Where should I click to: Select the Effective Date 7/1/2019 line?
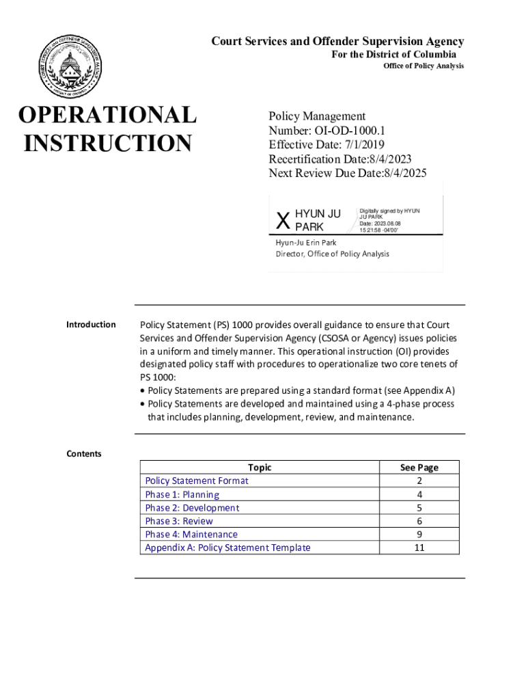coord(327,145)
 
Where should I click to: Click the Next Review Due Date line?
coord(347,174)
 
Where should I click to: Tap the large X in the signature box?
coord(282,220)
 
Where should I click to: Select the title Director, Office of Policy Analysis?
coord(332,254)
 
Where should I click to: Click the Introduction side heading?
coord(91,325)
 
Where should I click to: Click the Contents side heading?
coord(83,454)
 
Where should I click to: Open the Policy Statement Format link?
coord(197,481)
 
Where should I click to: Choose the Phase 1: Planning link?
coord(182,494)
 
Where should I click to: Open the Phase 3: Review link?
coord(178,521)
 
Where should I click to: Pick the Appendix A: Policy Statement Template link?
coord(227,548)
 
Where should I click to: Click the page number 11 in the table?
coord(419,548)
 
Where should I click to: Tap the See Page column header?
coord(419,468)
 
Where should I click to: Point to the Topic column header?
coord(260,468)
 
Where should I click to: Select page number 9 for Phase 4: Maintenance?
coord(419,535)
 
